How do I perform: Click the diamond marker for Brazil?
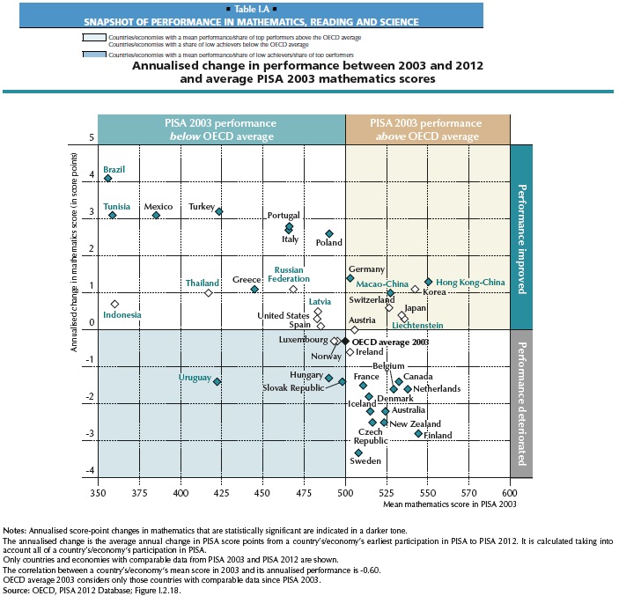pos(108,178)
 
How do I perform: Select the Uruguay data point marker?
pos(217,381)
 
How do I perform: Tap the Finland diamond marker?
pos(418,433)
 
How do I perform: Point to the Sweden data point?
pos(358,453)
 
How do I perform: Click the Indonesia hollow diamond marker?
pos(114,304)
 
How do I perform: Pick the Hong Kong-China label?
pos(471,282)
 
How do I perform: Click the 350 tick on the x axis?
pos(97,495)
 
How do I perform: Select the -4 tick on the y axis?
pos(90,471)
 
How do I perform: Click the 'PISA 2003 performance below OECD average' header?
pos(221,129)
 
